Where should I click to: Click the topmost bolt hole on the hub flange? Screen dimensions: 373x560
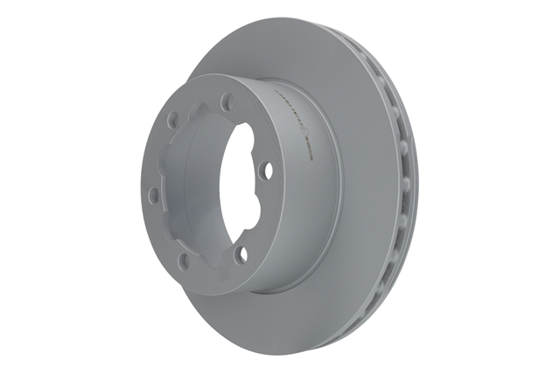tap(227, 101)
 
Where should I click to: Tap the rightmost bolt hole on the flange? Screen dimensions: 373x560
tap(267, 169)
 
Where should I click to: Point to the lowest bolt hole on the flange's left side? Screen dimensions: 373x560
tap(184, 260)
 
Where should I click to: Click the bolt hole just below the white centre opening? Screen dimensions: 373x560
tap(242, 253)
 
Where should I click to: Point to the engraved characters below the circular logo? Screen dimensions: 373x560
tap(309, 154)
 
